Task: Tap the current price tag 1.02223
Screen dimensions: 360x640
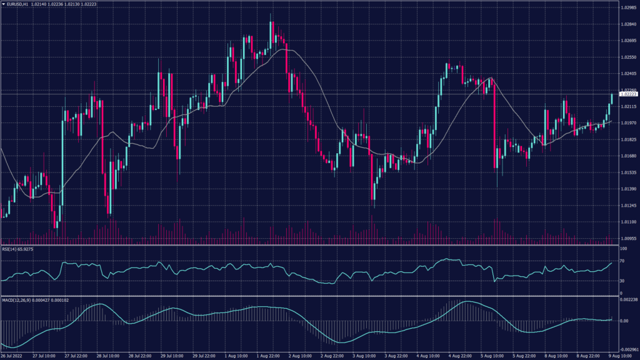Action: pyautogui.click(x=628, y=94)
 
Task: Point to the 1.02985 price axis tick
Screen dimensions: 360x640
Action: pyautogui.click(x=628, y=8)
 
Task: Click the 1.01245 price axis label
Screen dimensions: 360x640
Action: pyautogui.click(x=628, y=206)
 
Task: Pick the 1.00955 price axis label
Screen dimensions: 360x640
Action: pyautogui.click(x=628, y=239)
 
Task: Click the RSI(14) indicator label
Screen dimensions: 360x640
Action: pyautogui.click(x=12, y=249)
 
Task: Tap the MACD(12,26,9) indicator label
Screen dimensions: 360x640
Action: pyautogui.click(x=17, y=300)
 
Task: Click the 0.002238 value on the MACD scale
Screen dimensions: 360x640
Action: pyautogui.click(x=629, y=300)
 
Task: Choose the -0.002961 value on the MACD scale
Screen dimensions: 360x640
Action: pyautogui.click(x=629, y=350)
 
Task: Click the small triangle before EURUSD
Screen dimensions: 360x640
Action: pyautogui.click(x=3, y=4)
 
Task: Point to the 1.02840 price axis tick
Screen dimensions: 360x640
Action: pyautogui.click(x=628, y=24)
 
